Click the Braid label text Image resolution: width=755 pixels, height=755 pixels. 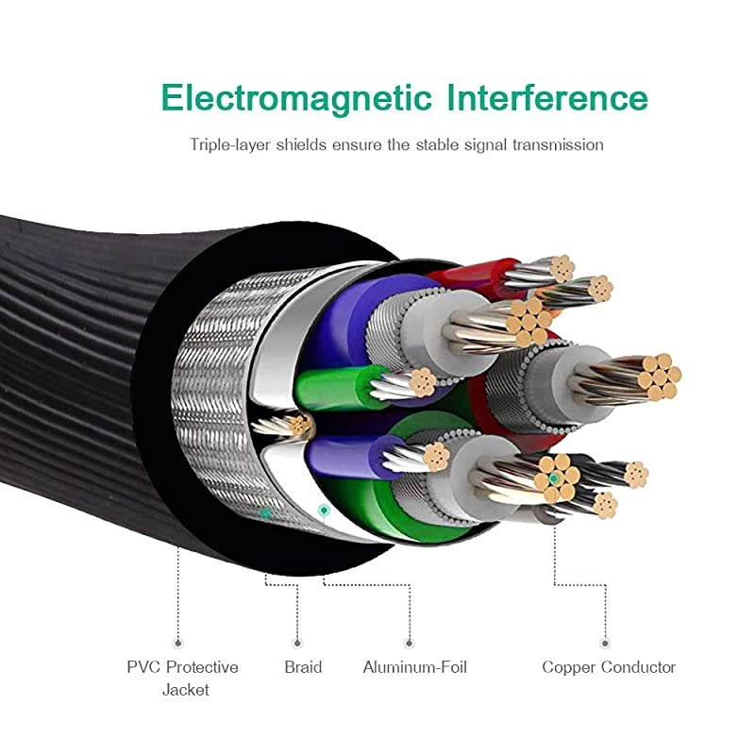(x=303, y=667)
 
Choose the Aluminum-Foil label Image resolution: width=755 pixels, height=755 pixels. (x=414, y=667)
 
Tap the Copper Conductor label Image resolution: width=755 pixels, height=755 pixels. (x=609, y=667)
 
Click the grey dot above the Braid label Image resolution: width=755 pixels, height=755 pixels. (x=298, y=642)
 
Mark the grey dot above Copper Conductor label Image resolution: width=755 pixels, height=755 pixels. (x=605, y=642)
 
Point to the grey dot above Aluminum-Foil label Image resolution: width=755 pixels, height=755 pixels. (x=409, y=642)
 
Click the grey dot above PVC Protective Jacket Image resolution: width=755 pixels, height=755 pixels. (x=178, y=642)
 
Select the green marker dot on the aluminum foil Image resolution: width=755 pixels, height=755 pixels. (x=324, y=510)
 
